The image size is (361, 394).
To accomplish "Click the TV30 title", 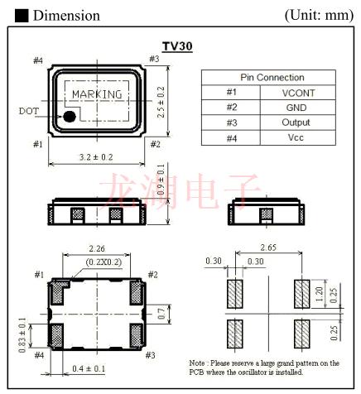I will pyautogui.click(x=177, y=47).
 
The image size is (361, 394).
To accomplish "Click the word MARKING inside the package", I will pyautogui.click(x=97, y=94).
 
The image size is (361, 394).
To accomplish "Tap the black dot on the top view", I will pyautogui.click(x=70, y=117).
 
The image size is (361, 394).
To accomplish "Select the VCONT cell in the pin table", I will pyautogui.click(x=298, y=93).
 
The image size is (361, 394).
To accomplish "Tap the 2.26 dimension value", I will pyautogui.click(x=98, y=247).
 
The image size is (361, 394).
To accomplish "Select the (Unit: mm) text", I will pyautogui.click(x=319, y=15).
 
